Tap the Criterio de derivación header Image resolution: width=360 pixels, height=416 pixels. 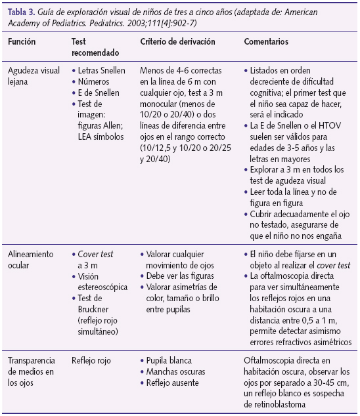coord(176,41)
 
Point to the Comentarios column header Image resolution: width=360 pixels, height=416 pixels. coord(267,41)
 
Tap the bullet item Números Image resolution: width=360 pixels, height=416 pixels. coord(97,81)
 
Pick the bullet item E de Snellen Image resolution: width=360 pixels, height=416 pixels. coord(102,93)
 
